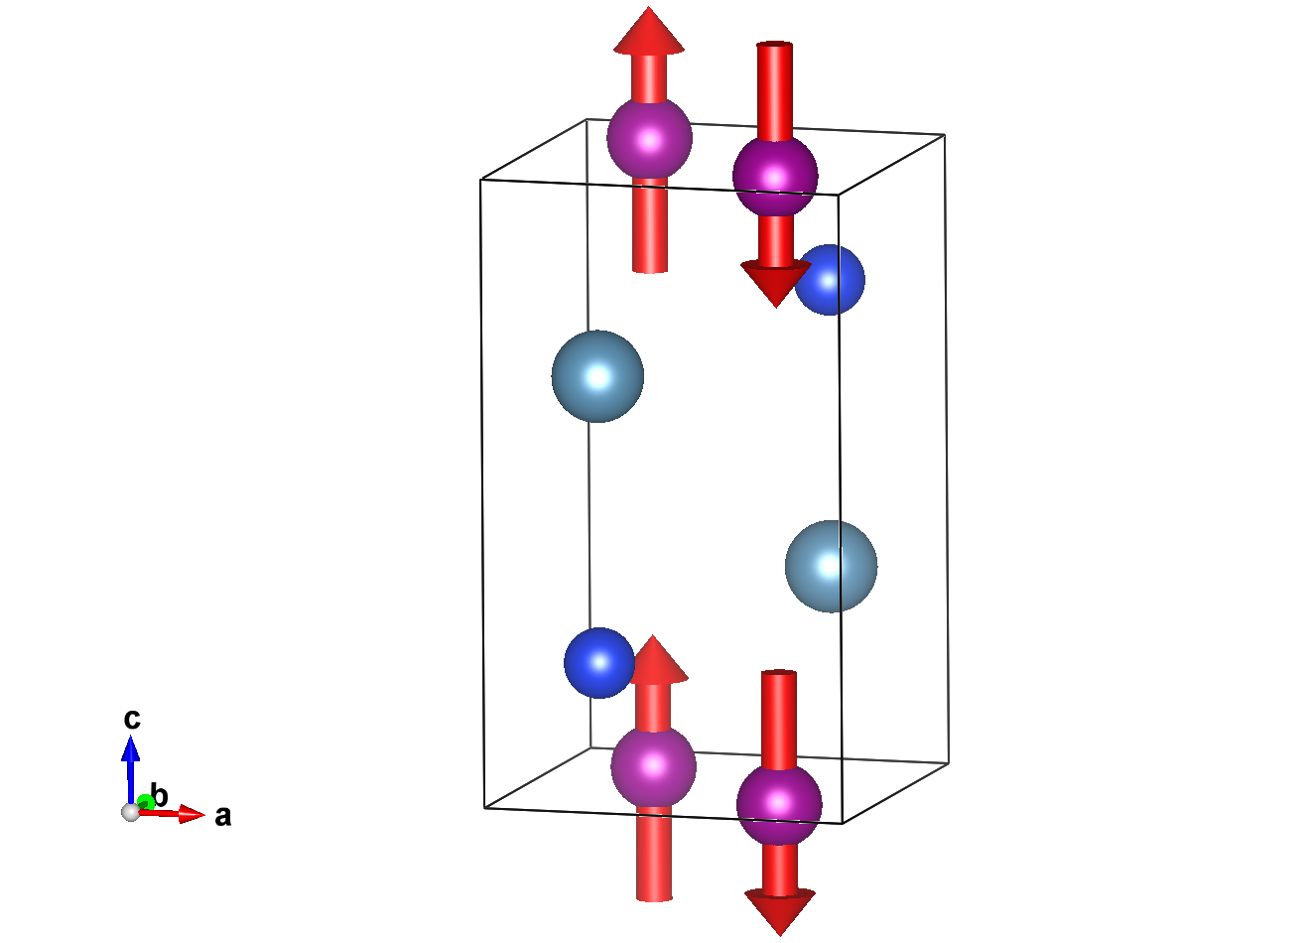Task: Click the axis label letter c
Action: click(131, 718)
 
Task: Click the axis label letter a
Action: click(223, 816)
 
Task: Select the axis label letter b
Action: click(160, 795)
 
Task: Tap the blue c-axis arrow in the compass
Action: click(130, 759)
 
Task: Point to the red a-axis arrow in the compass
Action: click(179, 815)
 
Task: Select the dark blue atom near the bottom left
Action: click(598, 662)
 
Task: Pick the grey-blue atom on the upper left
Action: click(597, 376)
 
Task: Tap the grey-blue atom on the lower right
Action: click(831, 566)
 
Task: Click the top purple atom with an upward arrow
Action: click(649, 139)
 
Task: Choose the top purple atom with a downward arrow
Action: click(775, 177)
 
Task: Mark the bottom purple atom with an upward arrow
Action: click(653, 765)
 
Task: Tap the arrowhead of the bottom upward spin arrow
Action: click(654, 660)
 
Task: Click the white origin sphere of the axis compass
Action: click(130, 812)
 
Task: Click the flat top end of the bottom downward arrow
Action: click(779, 674)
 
